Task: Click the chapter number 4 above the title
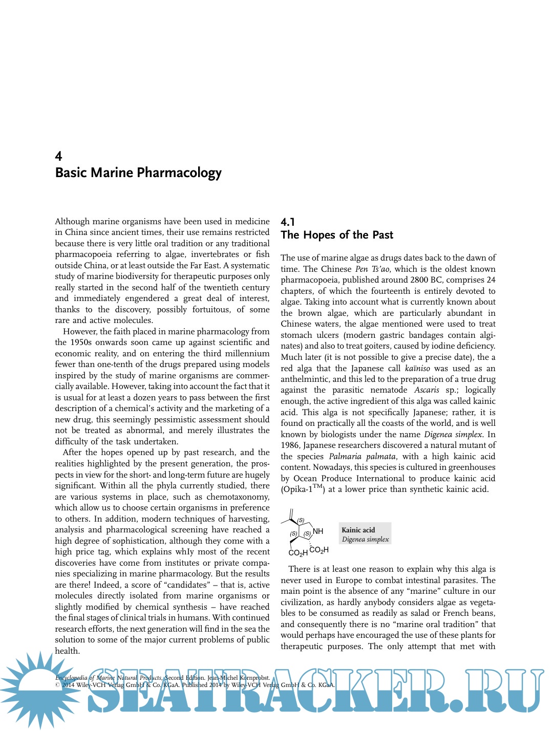tap(58, 156)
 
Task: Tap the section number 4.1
tap(288, 222)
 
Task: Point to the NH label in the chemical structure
tap(318, 531)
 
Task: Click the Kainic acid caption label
tap(358, 530)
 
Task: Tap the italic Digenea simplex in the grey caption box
tap(365, 539)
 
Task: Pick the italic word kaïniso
tap(417, 368)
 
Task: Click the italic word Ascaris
tap(427, 390)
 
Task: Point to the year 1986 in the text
tap(289, 445)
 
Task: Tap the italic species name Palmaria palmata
tap(362, 456)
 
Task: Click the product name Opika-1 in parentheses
tap(300, 489)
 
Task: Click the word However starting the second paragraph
tap(79, 332)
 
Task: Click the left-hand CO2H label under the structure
tap(298, 553)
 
